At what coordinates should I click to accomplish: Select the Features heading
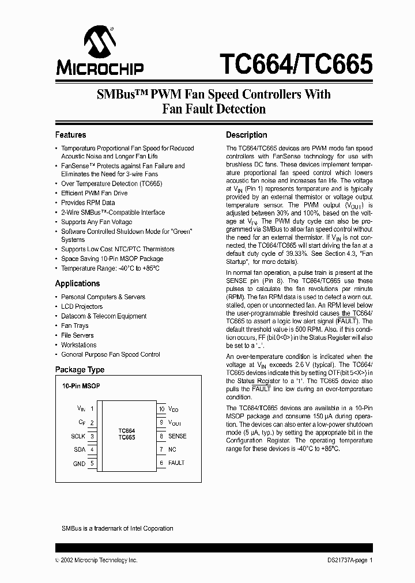(70, 135)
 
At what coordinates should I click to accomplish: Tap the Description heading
(246, 135)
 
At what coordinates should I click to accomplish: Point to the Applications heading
(77, 283)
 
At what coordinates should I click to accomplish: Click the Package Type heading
(80, 370)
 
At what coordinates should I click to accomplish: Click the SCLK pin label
(78, 436)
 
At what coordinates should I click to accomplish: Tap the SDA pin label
(80, 450)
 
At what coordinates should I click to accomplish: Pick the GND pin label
(79, 464)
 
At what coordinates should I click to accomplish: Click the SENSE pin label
(178, 436)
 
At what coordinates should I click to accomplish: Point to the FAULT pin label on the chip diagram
(176, 463)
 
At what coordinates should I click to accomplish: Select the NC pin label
(172, 449)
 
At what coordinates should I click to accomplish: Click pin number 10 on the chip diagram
(161, 408)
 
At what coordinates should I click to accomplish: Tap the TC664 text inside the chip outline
(127, 430)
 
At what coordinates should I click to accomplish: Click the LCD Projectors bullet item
(82, 306)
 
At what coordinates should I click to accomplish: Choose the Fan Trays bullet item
(75, 325)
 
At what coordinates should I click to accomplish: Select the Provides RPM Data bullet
(88, 203)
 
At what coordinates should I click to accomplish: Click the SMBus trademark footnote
(117, 528)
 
